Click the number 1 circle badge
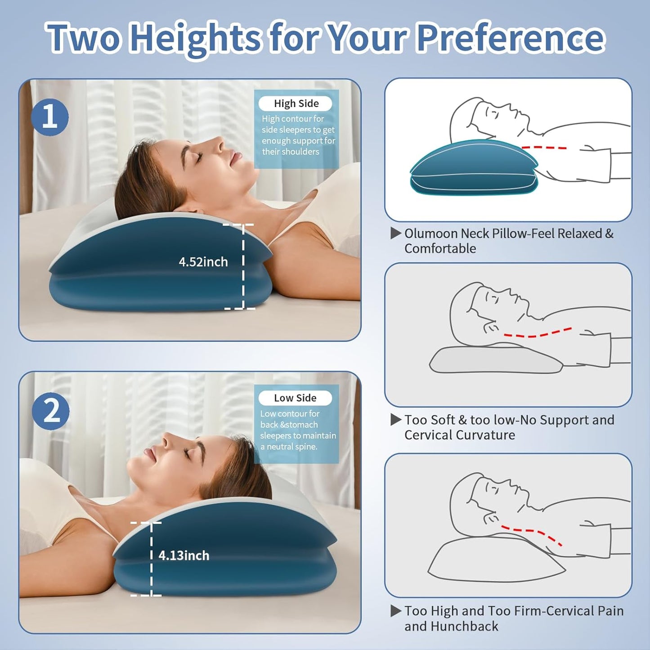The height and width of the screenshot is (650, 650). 49,117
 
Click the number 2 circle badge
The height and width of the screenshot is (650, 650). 50,411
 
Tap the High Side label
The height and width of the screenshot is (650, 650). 296,103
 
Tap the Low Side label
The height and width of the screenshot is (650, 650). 295,398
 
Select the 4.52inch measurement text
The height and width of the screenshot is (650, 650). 203,262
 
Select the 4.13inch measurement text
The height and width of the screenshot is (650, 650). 184,556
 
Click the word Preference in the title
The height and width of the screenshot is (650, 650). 510,38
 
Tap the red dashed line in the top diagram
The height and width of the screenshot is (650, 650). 544,148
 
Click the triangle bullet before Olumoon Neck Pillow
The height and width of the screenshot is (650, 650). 396,233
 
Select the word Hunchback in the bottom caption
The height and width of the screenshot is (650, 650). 464,626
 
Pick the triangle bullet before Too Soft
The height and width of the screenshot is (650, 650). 396,420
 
